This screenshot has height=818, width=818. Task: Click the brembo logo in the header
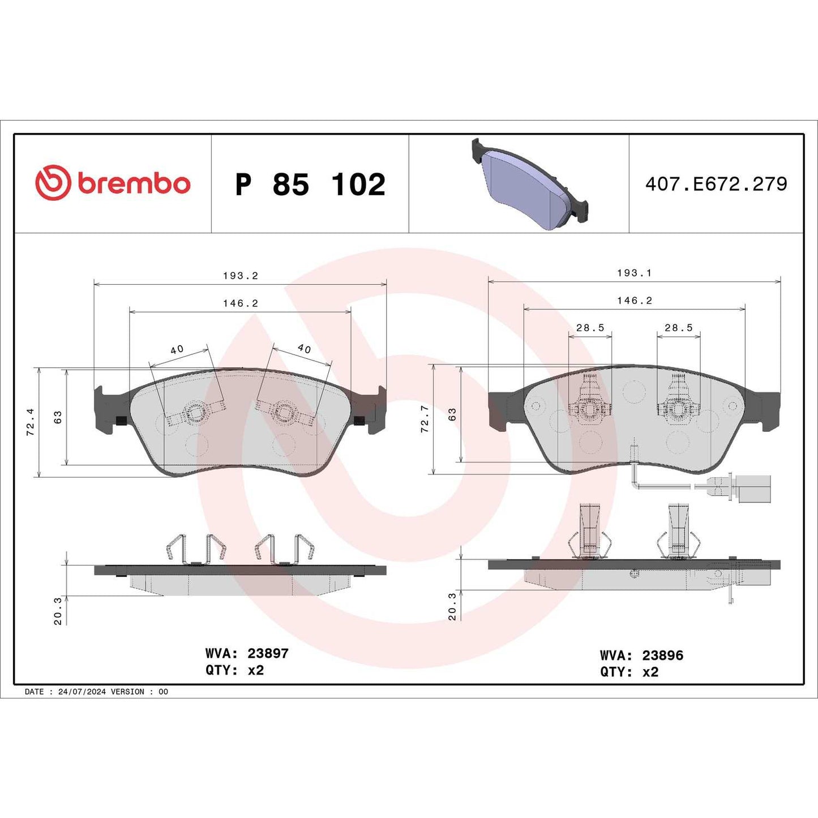pos(113,183)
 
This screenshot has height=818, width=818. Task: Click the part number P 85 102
pos(310,185)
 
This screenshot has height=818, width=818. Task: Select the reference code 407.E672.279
pos(716,184)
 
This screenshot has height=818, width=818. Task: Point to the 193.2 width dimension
pos(240,276)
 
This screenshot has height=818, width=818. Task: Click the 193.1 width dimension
pos(634,273)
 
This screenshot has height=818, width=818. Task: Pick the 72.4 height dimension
pos(30,422)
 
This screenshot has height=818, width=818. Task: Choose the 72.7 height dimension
pos(425,419)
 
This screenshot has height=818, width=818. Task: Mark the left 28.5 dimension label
pos(590,328)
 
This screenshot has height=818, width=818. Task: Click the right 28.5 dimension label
pos(678,328)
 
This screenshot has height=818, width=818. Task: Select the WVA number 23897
pos(268,653)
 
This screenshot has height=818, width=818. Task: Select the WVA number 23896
pos(662,656)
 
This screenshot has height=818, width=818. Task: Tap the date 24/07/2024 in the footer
pos(82,692)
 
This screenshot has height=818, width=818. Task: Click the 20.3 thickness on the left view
pos(58,611)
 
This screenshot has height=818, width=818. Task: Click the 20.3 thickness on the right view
pos(452,607)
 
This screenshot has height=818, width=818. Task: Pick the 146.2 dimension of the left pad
pos(240,303)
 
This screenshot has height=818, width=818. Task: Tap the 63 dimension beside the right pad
pos(452,414)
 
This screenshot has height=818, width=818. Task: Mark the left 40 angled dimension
pos(177,350)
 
